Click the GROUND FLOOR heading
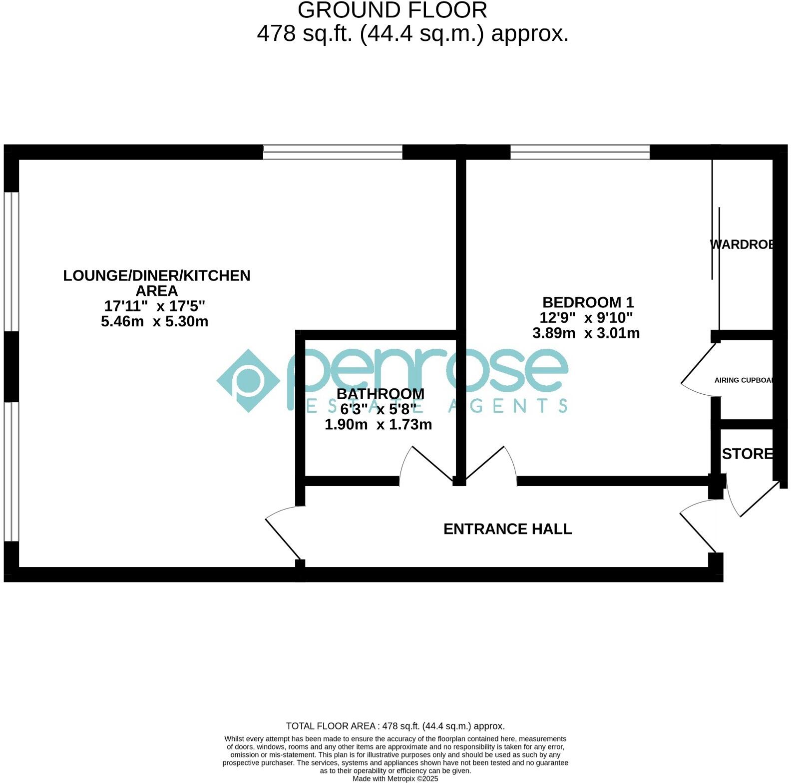[x=392, y=10]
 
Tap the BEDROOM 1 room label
[x=588, y=302]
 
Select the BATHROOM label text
[x=380, y=394]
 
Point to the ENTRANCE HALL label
[x=507, y=529]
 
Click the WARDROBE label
[x=742, y=245]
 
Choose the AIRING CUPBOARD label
[x=744, y=380]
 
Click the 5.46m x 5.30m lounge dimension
[x=154, y=321]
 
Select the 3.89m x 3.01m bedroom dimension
[x=586, y=333]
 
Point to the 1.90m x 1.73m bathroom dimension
[x=378, y=425]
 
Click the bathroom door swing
[x=424, y=464]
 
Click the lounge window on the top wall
[x=333, y=152]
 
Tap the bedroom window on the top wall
[x=580, y=152]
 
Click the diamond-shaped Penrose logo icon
[x=248, y=381]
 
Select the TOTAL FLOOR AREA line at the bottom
[x=395, y=726]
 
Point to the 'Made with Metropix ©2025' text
[x=395, y=779]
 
